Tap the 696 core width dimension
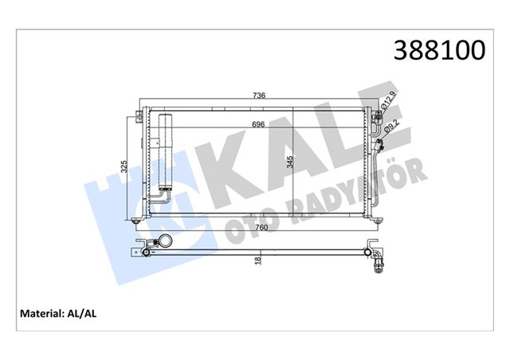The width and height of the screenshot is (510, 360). [258, 124]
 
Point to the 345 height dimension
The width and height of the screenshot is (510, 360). [292, 166]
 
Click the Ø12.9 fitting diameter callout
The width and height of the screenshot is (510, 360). [387, 101]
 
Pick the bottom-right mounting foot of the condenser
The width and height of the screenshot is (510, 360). [371, 222]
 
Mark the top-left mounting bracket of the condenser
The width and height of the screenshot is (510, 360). [141, 112]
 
